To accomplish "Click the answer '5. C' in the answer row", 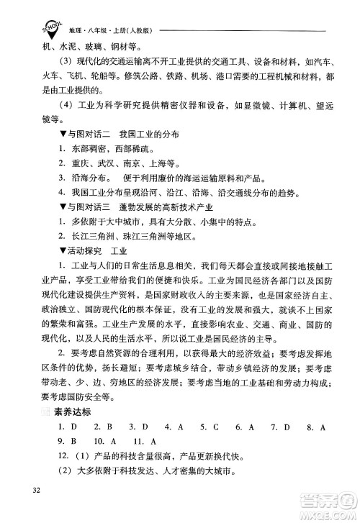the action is pos(211,427).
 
